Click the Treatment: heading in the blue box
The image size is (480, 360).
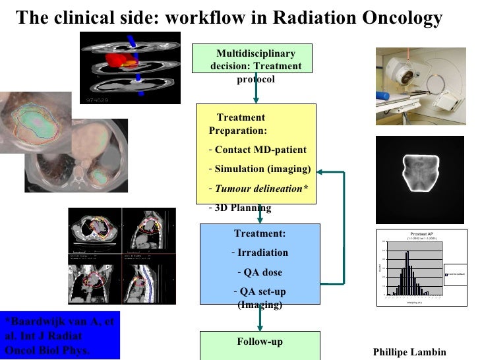pos(260,233)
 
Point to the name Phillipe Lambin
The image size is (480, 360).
pos(409,352)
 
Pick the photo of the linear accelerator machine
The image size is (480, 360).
pos(421,86)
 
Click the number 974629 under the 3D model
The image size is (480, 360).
pos(98,100)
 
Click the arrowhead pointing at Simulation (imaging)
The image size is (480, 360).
pos(318,173)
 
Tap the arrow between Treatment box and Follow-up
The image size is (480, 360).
pos(260,320)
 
